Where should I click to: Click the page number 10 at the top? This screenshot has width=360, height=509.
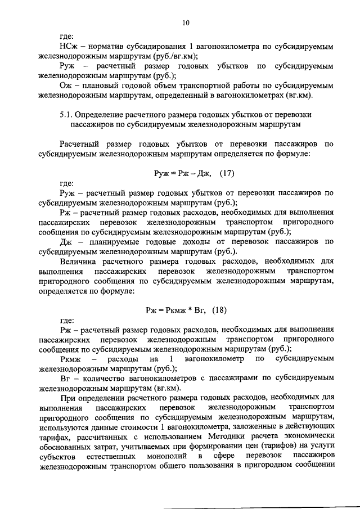[x=186, y=23]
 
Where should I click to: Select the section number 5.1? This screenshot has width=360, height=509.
[x=66, y=114]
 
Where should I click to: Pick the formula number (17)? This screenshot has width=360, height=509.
[x=227, y=174]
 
